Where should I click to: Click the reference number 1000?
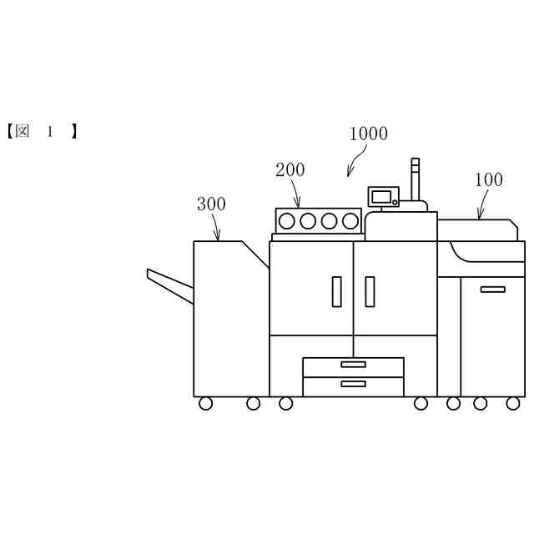(x=368, y=133)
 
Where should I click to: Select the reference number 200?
(x=290, y=170)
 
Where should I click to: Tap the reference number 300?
(x=211, y=204)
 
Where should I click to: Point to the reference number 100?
(x=489, y=179)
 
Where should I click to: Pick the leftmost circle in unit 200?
(x=287, y=221)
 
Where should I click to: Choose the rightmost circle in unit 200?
(x=350, y=221)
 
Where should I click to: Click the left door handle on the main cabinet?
(x=337, y=291)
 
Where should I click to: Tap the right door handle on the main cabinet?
(x=370, y=291)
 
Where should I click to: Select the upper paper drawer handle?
(x=353, y=365)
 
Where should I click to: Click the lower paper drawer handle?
(x=353, y=384)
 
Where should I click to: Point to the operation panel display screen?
(x=382, y=197)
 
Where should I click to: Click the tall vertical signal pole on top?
(x=416, y=179)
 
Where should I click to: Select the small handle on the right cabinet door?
(x=492, y=290)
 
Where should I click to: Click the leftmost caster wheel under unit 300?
(x=206, y=404)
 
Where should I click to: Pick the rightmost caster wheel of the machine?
(x=513, y=404)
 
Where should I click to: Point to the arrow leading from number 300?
(x=216, y=227)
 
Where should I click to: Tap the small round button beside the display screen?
(x=395, y=201)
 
